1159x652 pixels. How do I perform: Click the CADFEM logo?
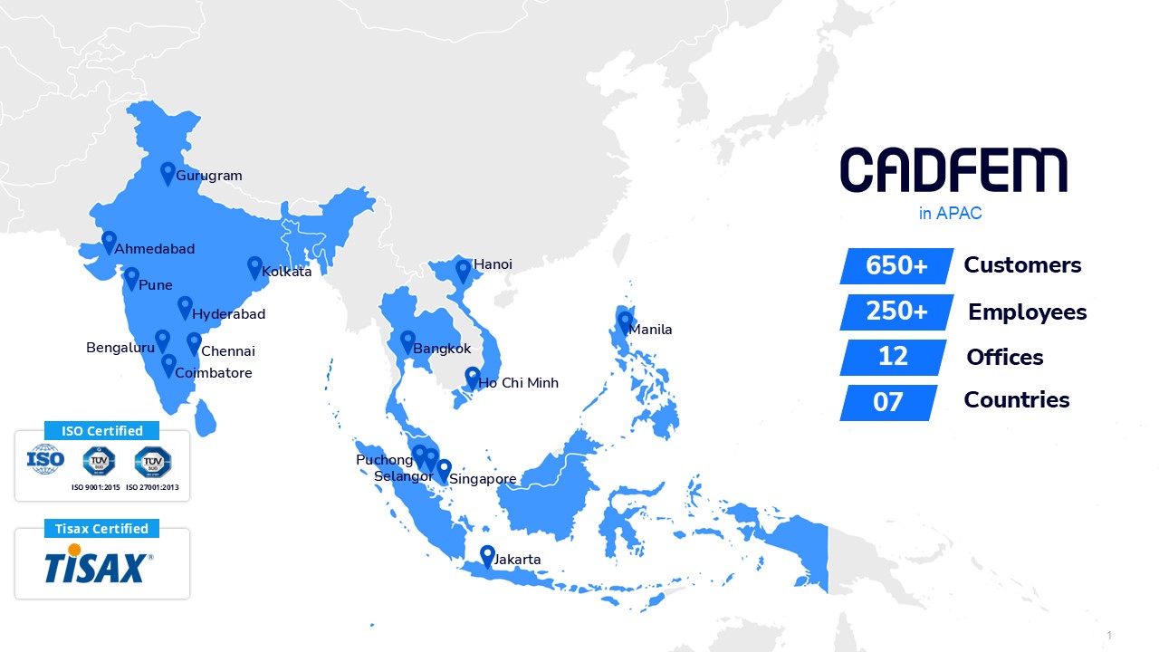click(953, 170)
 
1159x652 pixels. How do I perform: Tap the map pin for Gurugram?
click(168, 172)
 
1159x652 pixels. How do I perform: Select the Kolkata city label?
click(286, 272)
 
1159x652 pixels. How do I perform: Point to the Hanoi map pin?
click(463, 270)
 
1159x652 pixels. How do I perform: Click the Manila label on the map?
click(651, 330)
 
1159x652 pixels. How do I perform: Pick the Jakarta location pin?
click(487, 556)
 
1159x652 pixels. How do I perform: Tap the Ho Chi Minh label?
click(519, 383)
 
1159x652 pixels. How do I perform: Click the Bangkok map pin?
click(407, 341)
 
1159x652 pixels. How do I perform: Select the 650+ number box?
click(896, 266)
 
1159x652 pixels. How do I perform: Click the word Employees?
click(1027, 312)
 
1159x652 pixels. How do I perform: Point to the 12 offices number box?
click(893, 357)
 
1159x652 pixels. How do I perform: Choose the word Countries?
click(1016, 400)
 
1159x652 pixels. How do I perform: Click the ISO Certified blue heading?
click(101, 431)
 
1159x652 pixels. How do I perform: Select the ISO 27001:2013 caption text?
click(152, 487)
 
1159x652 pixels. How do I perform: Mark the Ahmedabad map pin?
click(109, 242)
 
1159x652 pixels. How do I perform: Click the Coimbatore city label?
click(214, 373)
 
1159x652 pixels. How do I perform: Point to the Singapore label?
click(483, 479)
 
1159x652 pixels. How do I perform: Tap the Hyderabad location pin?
click(185, 307)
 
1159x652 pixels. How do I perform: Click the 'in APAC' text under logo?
click(950, 215)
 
